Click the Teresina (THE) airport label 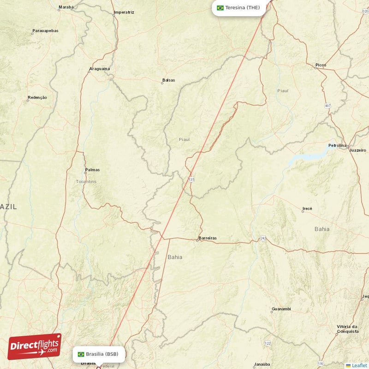(242, 7)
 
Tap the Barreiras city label (207, 238)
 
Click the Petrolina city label (337, 145)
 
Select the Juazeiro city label (357, 150)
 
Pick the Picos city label (321, 65)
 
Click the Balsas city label (169, 80)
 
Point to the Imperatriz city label (124, 12)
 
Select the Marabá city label (66, 7)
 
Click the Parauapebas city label (45, 31)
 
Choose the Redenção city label (37, 97)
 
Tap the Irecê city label (307, 208)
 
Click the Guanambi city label (281, 308)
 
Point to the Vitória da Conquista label (347, 329)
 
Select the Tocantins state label (86, 182)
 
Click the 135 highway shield (191, 179)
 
